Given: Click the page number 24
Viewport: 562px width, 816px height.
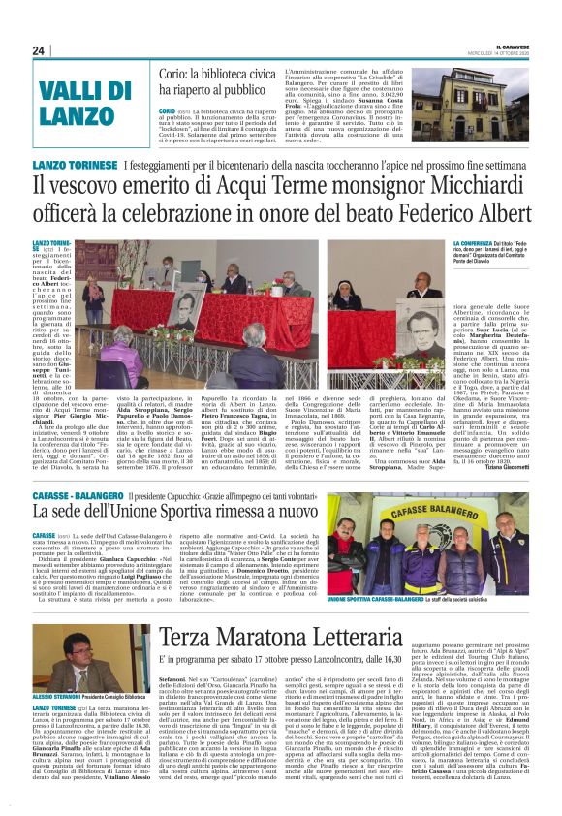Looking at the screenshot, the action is [x=39, y=50].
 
